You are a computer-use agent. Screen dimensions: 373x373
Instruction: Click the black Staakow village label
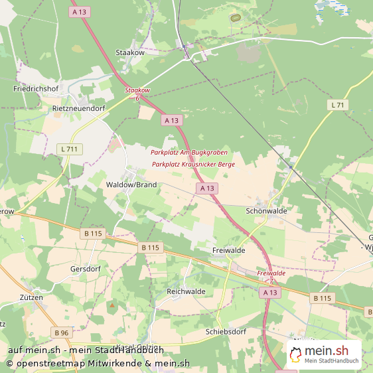point(130,52)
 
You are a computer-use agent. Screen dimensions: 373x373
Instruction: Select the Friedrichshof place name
point(35,88)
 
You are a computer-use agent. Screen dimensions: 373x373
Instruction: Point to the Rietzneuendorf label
point(79,107)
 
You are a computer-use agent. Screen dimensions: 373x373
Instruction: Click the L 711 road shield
point(69,149)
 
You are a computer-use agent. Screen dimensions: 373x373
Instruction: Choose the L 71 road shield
point(338,106)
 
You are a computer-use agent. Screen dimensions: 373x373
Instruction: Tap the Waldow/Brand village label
point(131,185)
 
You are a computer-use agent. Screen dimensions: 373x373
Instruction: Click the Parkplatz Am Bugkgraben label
point(189,153)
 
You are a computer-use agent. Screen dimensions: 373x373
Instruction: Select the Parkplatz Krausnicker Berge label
point(193,164)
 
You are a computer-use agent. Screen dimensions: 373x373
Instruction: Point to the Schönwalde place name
point(266,210)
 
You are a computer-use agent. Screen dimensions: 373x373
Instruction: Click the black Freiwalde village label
point(229,251)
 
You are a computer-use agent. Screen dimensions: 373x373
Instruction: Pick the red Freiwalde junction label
point(271,273)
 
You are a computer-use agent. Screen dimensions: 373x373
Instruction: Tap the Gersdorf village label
point(84,269)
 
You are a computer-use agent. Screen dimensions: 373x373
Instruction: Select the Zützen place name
point(31,298)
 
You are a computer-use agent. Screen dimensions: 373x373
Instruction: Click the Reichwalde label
point(186,291)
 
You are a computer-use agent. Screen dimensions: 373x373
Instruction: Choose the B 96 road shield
point(61,333)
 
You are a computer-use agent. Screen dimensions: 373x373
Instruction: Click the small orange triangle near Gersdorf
point(112,306)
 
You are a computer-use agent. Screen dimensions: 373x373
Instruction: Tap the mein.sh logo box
point(325,354)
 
